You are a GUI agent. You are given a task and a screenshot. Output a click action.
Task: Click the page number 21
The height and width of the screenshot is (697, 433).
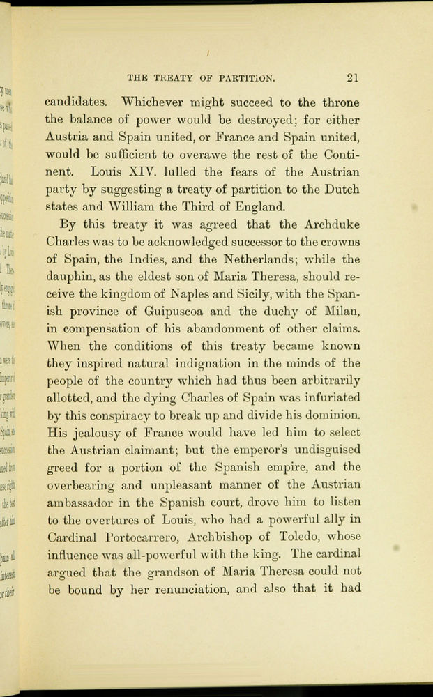point(351,78)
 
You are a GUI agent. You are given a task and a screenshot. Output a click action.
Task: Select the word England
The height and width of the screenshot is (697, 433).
point(258,207)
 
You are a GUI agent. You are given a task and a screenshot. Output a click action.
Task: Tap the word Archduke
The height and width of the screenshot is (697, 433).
point(331,224)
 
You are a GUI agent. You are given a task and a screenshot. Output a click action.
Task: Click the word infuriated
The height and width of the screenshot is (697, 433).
point(327,399)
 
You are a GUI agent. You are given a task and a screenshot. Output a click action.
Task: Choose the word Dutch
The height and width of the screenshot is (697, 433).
point(342,189)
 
